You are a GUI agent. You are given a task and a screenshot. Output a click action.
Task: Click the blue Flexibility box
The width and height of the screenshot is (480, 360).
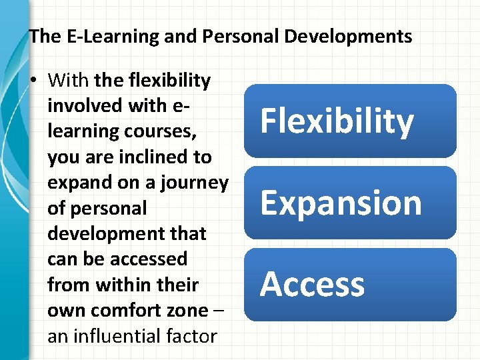[350, 121]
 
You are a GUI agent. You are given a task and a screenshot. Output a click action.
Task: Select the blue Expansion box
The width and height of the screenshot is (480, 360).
[350, 203]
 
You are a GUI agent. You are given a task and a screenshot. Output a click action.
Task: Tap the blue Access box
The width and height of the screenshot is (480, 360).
[350, 285]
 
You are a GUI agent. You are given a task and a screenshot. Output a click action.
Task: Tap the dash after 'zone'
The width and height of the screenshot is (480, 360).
[219, 311]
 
